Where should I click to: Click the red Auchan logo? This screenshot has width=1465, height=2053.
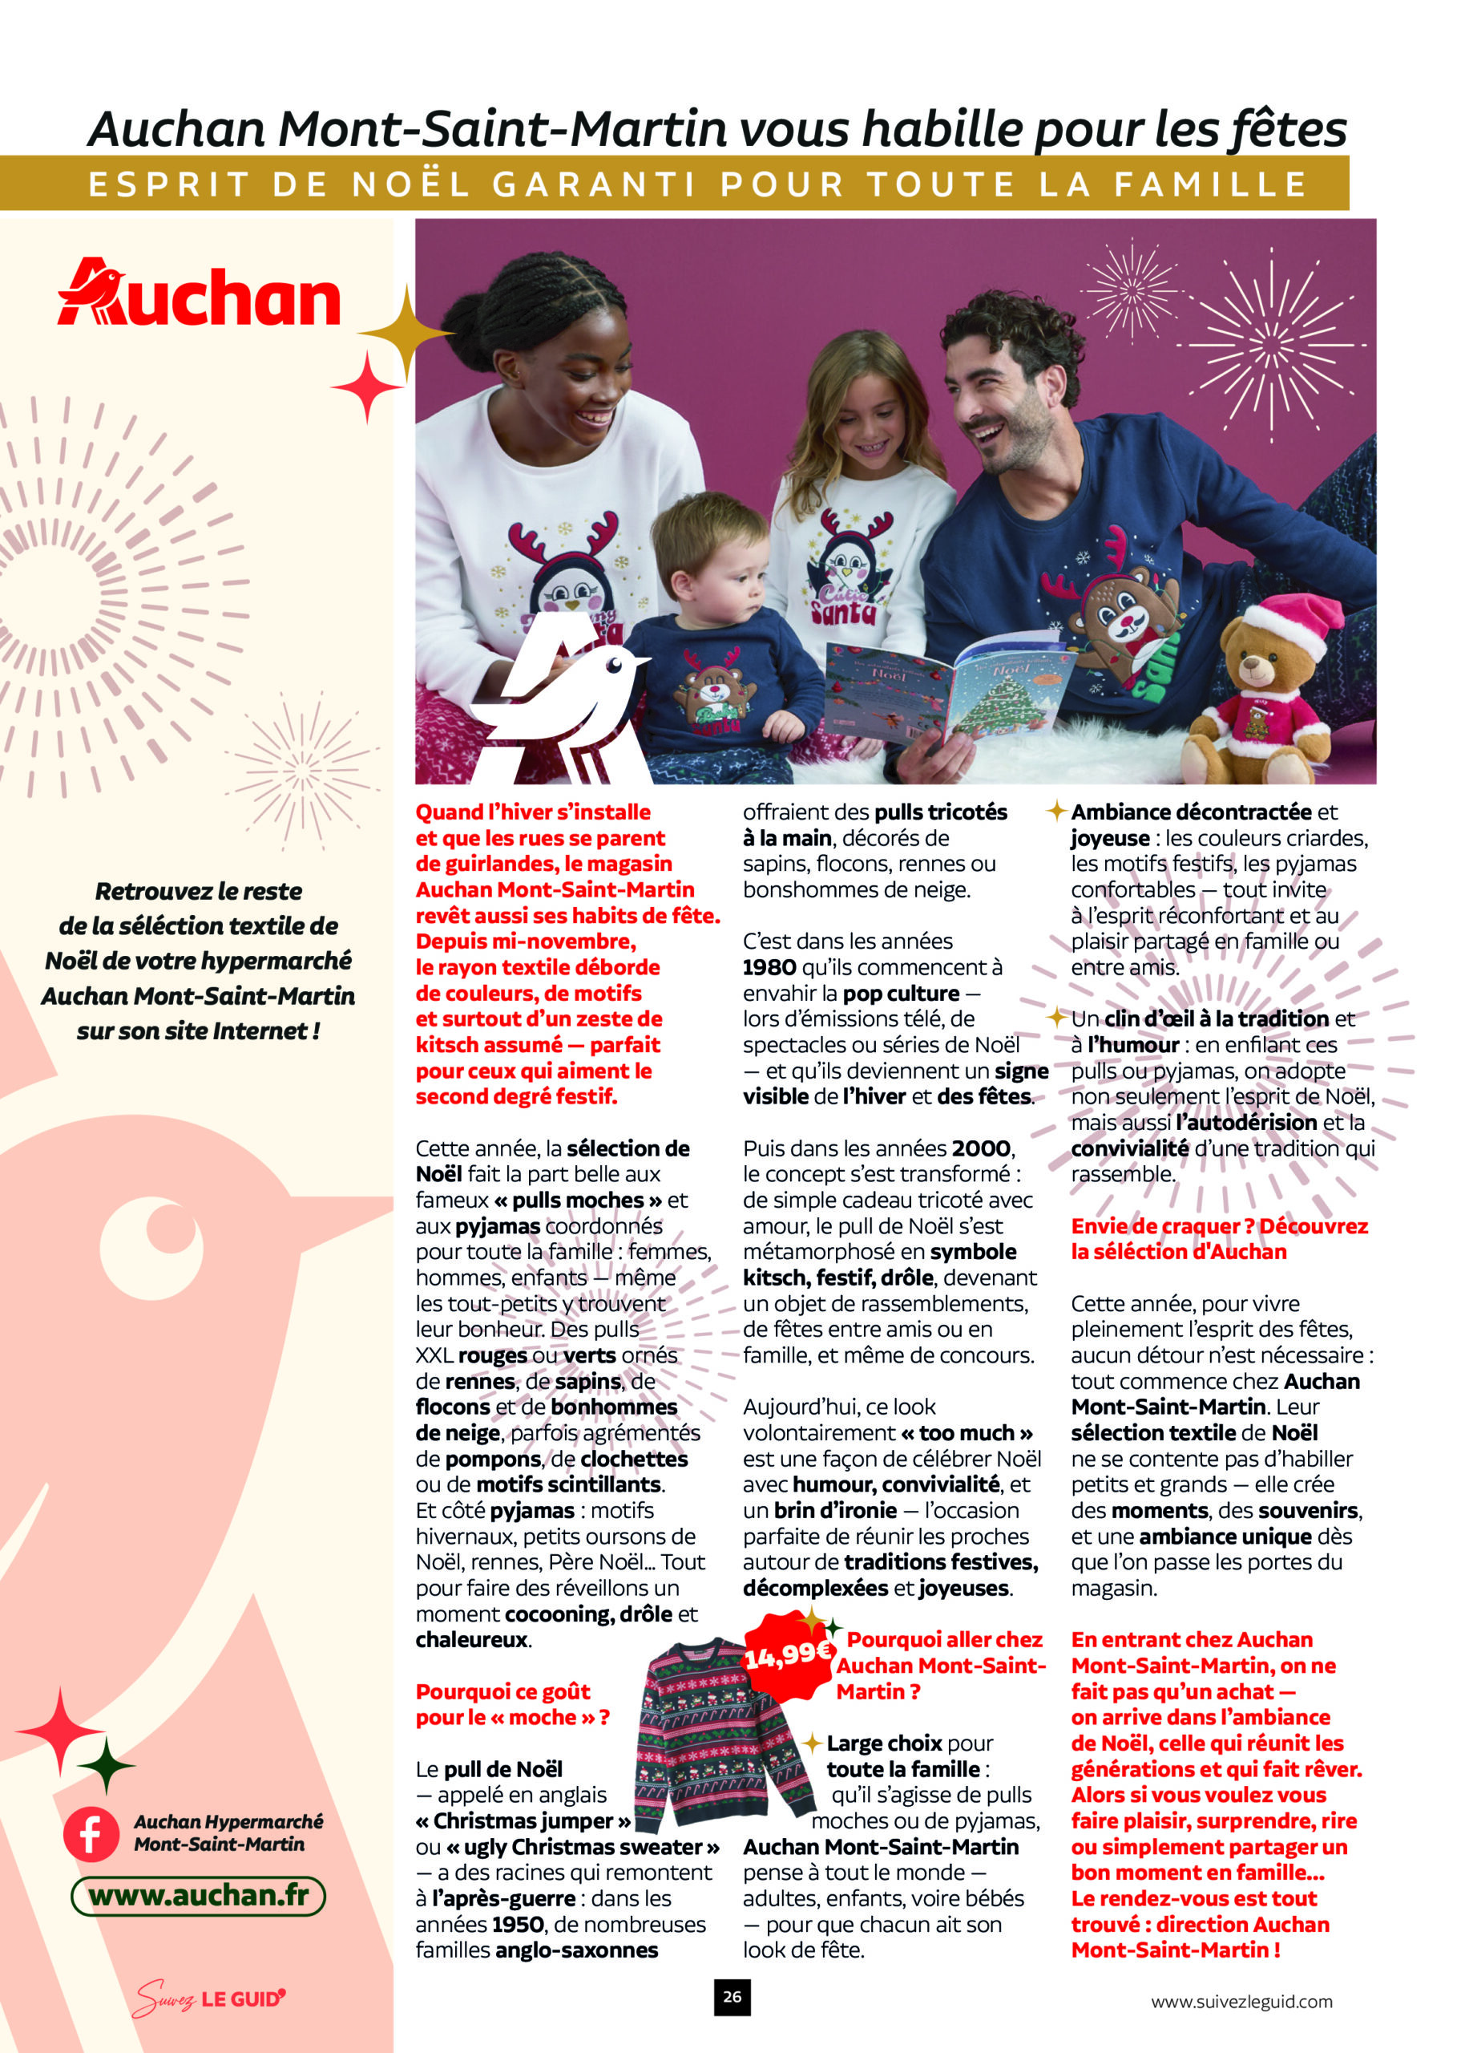[x=199, y=294]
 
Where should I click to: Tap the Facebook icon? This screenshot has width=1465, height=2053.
[x=91, y=1835]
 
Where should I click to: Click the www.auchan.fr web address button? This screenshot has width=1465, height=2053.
[x=199, y=1895]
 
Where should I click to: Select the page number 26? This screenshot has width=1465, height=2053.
[x=732, y=1998]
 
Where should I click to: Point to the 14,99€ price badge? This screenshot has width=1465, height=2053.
[x=787, y=1654]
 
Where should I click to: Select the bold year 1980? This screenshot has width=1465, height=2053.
[x=769, y=967]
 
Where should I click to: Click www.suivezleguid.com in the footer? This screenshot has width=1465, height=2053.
[x=1241, y=2002]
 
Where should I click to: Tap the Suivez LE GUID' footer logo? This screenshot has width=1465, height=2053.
[x=209, y=1998]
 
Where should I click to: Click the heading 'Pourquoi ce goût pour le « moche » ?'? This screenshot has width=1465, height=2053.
[x=511, y=1704]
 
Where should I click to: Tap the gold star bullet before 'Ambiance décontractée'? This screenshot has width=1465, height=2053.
[x=1056, y=812]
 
